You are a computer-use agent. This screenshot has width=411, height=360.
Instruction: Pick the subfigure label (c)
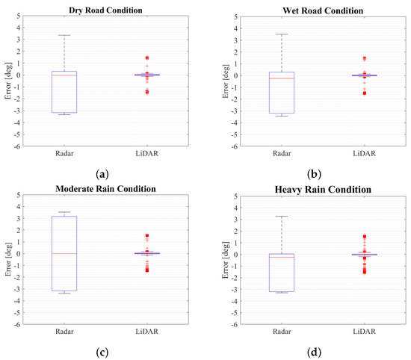(x=104, y=349)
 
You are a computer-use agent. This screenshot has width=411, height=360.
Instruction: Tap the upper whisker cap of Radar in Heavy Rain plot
(x=281, y=217)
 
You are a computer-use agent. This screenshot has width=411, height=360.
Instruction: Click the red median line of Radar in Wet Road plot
(x=281, y=78)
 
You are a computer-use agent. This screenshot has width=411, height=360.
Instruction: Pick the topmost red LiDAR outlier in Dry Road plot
(x=146, y=58)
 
